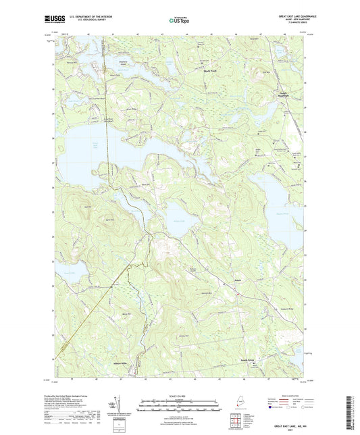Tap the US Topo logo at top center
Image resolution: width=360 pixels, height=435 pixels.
pos(178,22)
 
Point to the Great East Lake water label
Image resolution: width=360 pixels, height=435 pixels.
pos(95,146)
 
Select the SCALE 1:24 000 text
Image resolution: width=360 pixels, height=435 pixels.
pos(179,396)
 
